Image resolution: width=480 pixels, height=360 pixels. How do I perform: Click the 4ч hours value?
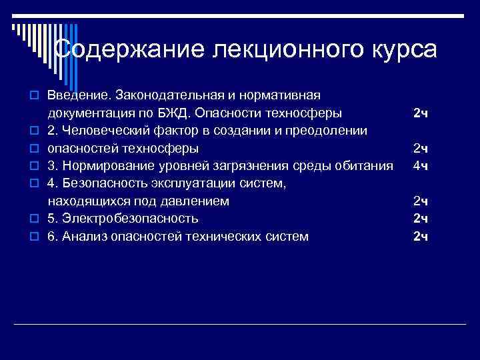(420, 165)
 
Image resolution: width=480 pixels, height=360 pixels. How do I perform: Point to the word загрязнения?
(254, 165)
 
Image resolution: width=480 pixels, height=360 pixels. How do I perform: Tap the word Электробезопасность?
(129, 218)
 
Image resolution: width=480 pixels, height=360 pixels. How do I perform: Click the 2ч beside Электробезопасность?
(420, 218)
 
